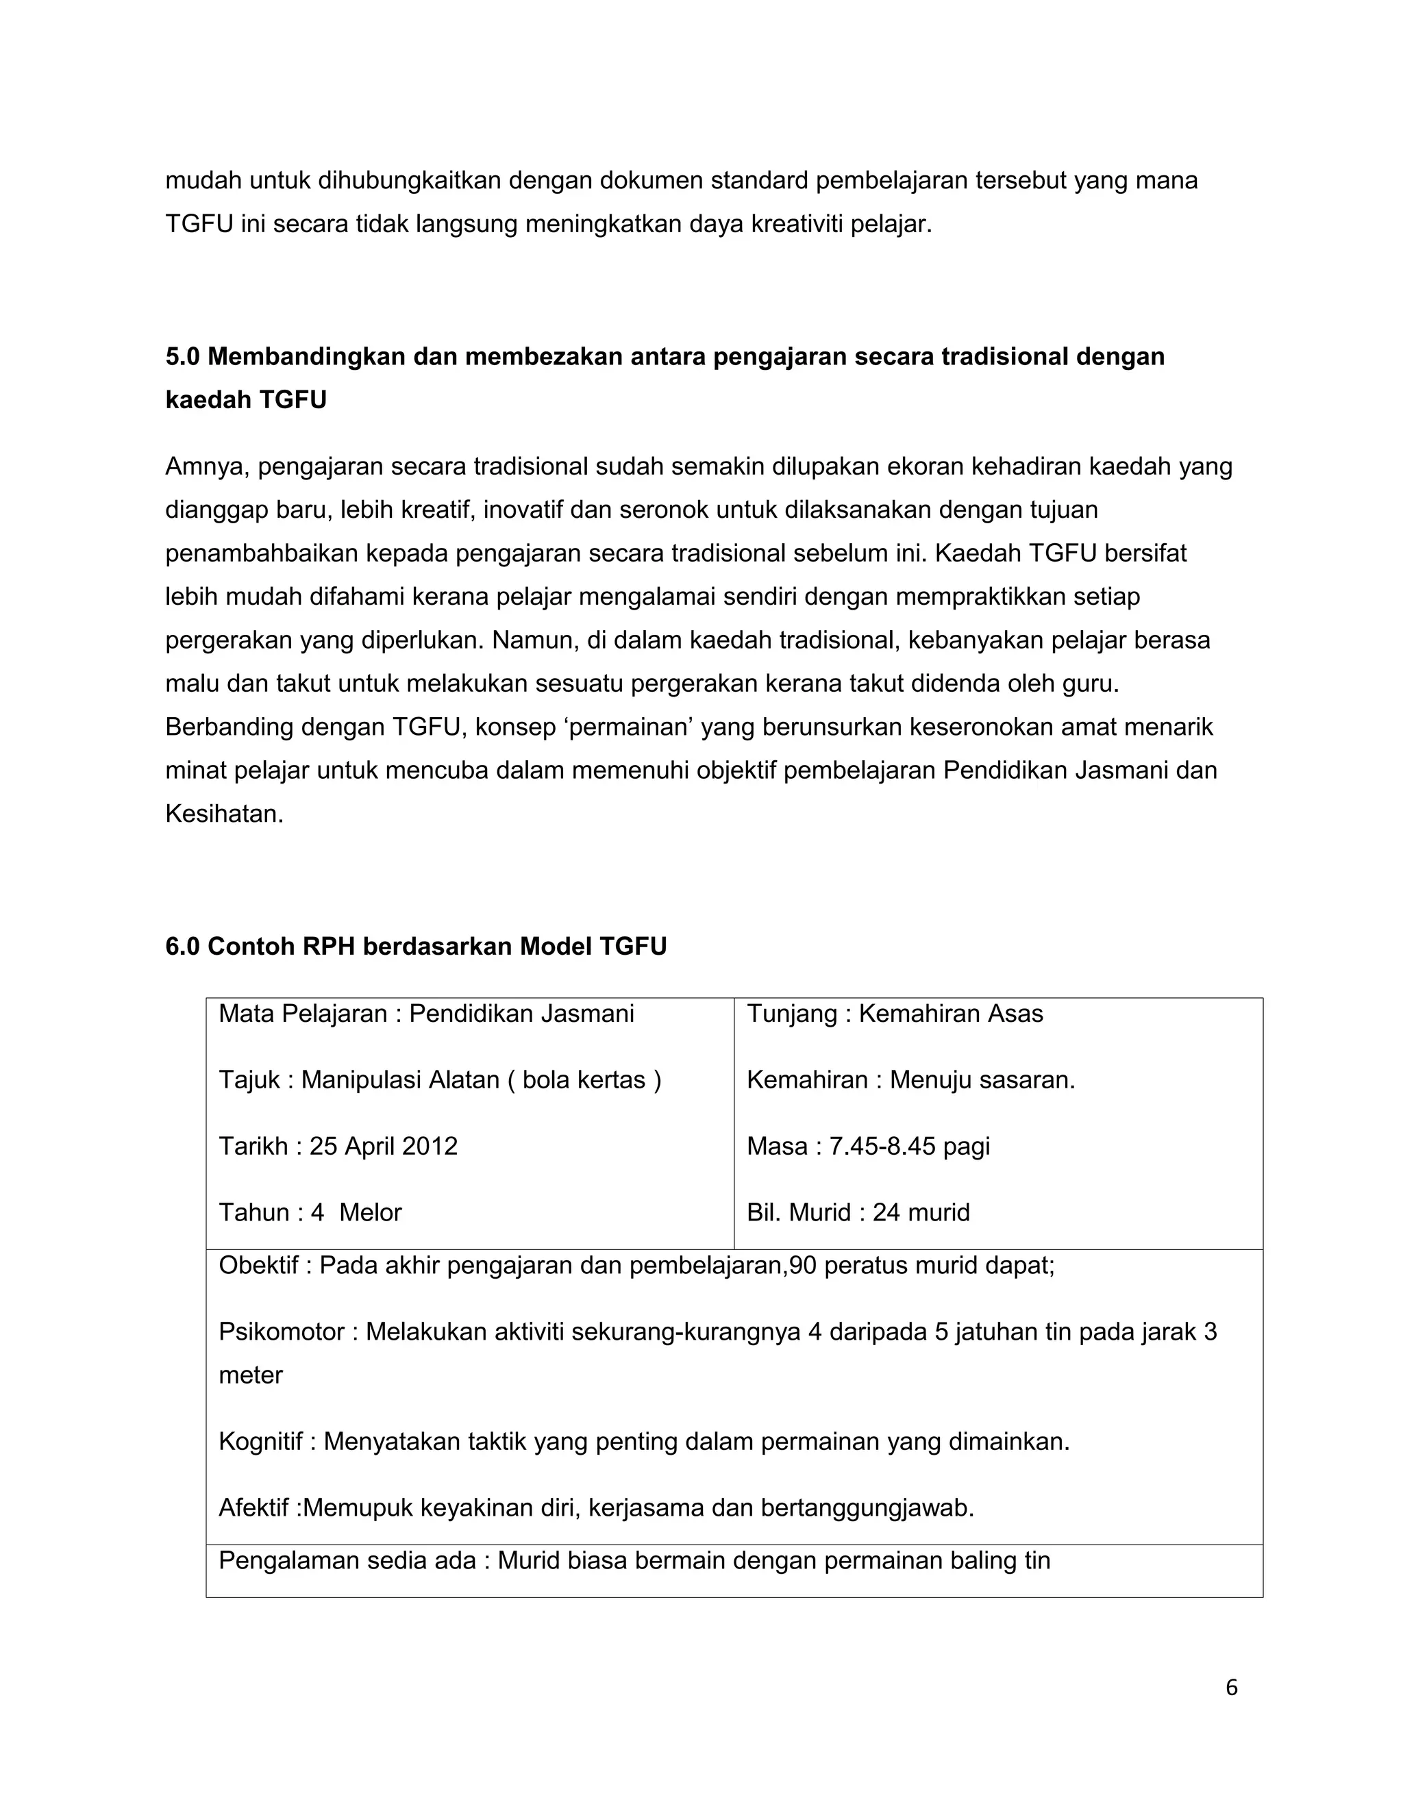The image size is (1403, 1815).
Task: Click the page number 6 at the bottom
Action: pyautogui.click(x=1231, y=1688)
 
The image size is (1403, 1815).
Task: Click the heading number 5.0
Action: pyautogui.click(x=183, y=357)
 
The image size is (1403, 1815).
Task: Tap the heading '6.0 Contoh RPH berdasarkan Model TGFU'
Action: pyautogui.click(x=416, y=946)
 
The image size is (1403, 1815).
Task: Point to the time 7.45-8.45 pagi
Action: pyautogui.click(x=909, y=1146)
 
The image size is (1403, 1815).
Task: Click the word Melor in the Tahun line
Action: pyautogui.click(x=370, y=1212)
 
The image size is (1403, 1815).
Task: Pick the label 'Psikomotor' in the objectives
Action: pyautogui.click(x=280, y=1332)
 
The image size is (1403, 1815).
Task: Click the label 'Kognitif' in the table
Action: pyautogui.click(x=260, y=1442)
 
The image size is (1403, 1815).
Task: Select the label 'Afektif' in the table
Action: pyautogui.click(x=254, y=1507)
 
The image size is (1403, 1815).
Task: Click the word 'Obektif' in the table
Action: pyautogui.click(x=258, y=1266)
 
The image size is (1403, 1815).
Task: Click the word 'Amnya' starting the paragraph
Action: pyautogui.click(x=206, y=466)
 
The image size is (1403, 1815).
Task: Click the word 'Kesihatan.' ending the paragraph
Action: pyautogui.click(x=225, y=814)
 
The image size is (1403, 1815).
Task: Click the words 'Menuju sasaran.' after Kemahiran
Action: pyautogui.click(x=982, y=1079)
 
